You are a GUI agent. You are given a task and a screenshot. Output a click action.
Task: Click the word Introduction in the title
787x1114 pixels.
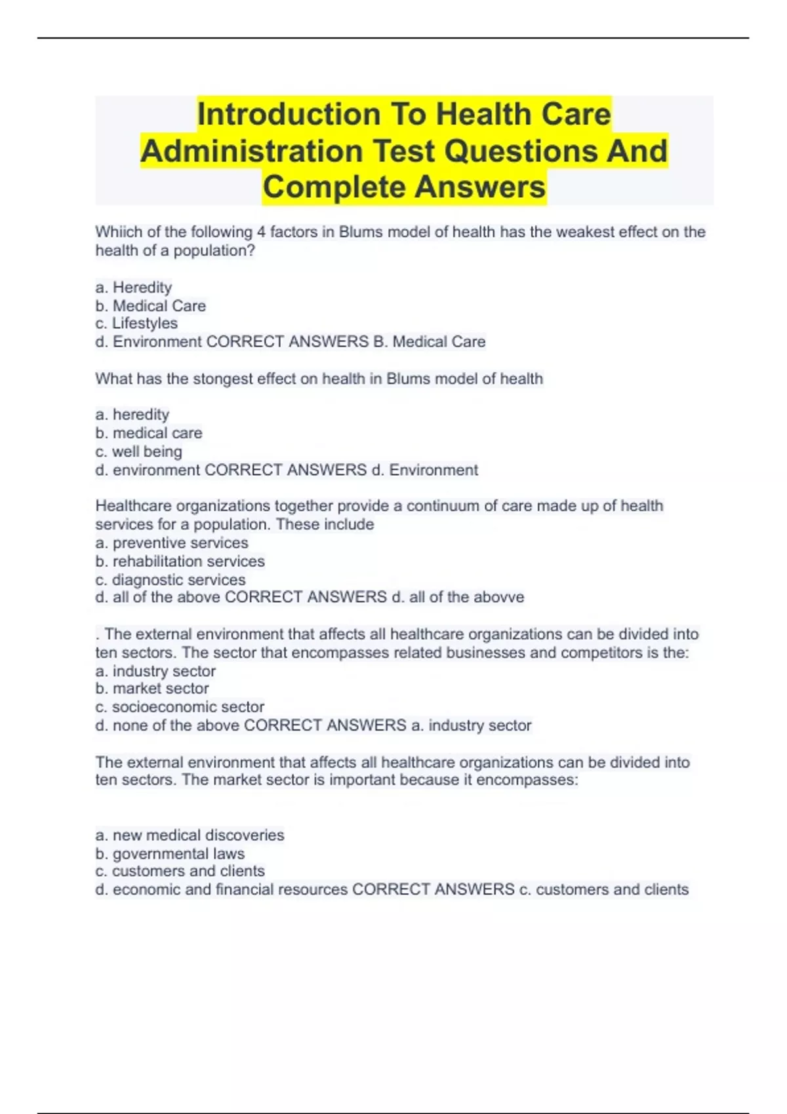[289, 115]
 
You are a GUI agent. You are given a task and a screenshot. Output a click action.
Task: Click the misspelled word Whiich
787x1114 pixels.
[117, 232]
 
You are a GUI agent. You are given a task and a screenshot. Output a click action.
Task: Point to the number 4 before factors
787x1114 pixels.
[260, 232]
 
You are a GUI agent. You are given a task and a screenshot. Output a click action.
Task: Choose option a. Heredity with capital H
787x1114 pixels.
[134, 288]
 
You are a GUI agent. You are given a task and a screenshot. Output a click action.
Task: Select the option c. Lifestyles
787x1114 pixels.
[136, 324]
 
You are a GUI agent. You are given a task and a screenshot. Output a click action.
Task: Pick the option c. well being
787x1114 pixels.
[139, 451]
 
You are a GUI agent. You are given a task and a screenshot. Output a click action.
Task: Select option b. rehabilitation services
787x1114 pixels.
[180, 562]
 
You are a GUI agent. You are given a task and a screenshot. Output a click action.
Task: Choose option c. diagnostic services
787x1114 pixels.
[171, 580]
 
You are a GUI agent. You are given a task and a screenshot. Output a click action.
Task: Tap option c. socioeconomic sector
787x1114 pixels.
[180, 707]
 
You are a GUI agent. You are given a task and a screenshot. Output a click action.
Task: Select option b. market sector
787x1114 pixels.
[152, 689]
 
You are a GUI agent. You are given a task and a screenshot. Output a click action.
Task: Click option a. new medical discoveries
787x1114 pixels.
[190, 835]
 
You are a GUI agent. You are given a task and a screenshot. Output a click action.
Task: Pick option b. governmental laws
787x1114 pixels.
[171, 854]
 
